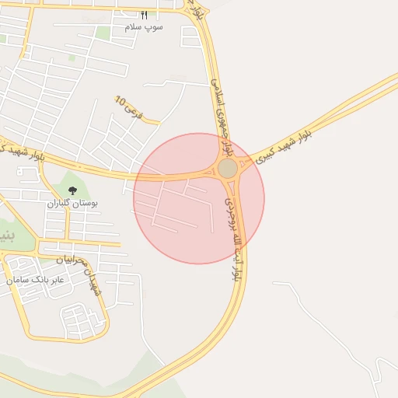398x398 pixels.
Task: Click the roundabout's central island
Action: point(227,169)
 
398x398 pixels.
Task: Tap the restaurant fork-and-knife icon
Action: point(144,16)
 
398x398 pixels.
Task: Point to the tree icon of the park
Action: point(72,190)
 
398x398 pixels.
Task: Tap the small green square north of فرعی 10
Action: point(72,57)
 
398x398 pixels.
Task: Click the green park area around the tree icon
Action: point(62,187)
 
